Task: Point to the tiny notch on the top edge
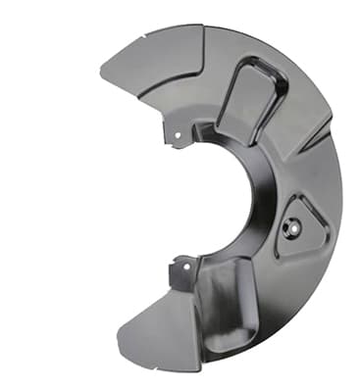144,36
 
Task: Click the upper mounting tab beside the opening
180,130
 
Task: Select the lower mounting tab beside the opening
182,269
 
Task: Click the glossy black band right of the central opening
257,196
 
